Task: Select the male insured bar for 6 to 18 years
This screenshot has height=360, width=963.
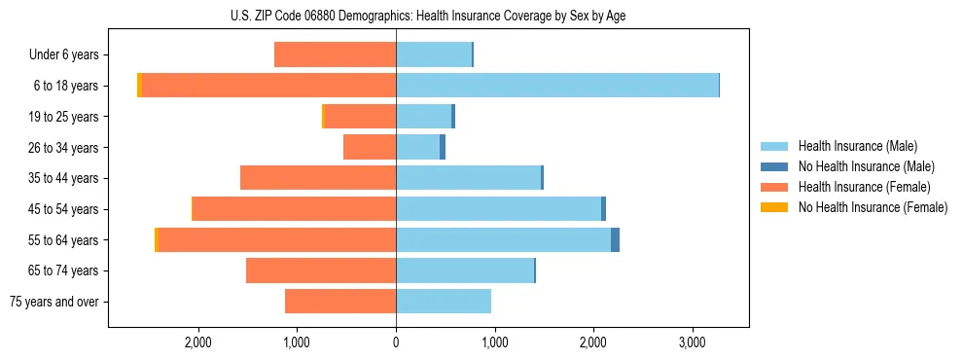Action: (x=556, y=86)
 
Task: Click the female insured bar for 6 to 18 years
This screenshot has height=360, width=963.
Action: (x=268, y=86)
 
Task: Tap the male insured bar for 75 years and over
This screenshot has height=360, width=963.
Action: (x=444, y=302)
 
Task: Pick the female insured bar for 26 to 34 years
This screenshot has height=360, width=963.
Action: (x=370, y=147)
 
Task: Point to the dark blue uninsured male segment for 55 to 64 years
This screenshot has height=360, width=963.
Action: (x=615, y=240)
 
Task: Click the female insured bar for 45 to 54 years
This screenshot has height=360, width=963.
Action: (x=294, y=209)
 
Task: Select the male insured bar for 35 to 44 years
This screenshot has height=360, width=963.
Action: (x=468, y=178)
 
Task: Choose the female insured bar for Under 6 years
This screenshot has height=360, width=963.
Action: (x=335, y=54)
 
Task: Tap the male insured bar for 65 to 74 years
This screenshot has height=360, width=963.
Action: (x=465, y=270)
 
